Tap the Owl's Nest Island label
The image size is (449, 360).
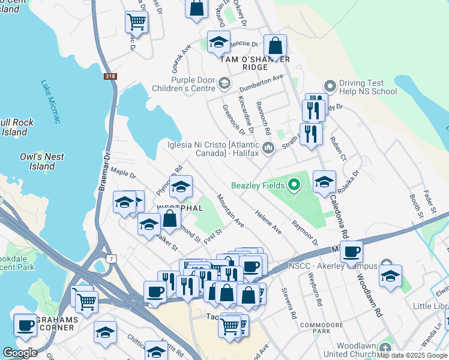(41, 161)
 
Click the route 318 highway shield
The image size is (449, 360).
(110, 76)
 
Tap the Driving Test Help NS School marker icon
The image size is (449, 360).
(329, 86)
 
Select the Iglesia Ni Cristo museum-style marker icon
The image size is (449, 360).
(268, 148)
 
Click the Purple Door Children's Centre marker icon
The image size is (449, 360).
(224, 83)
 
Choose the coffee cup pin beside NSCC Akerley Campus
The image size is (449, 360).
(351, 252)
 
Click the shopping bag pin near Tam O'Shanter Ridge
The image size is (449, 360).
(274, 46)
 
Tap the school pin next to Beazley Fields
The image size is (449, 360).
(324, 182)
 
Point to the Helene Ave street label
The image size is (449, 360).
(268, 221)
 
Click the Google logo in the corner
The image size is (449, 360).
(20, 352)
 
